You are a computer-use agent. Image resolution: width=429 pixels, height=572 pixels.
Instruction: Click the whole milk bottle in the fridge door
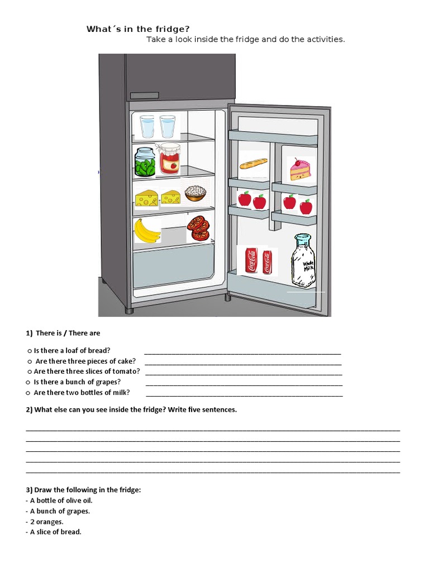coord(303,261)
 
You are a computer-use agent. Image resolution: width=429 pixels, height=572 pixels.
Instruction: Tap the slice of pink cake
coord(299,169)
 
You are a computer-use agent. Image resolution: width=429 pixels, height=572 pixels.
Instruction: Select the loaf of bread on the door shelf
coord(253,164)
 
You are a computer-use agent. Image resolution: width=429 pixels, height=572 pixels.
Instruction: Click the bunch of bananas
coord(146,230)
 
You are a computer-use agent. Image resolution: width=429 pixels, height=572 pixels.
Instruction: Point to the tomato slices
coord(198,228)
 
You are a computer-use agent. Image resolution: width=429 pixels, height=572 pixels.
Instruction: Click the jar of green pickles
coord(145,163)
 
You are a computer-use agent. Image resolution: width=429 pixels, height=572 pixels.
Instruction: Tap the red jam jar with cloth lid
coord(169,159)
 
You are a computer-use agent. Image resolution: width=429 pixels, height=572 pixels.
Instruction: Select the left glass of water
coord(147,126)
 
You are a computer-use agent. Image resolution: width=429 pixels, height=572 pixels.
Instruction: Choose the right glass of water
coord(167,126)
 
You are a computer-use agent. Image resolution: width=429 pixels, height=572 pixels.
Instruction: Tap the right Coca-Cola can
coord(266,261)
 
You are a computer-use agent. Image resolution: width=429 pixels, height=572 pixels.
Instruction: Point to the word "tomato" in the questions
coord(125,371)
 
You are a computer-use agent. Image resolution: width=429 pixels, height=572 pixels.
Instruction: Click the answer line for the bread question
coord(242,352)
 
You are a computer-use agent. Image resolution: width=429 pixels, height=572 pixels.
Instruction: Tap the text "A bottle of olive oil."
coord(61,500)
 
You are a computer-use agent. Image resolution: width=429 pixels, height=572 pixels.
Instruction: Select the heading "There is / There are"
coord(68,333)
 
